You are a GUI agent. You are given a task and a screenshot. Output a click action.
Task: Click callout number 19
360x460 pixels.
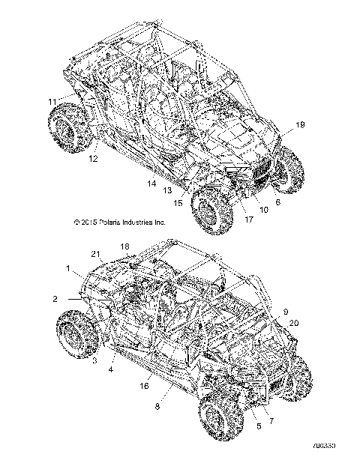299,125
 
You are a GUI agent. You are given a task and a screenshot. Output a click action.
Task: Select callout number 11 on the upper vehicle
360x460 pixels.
52,101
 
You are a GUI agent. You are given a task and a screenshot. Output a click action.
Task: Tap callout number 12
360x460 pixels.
93,159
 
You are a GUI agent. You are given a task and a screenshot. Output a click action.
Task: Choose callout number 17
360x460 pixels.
248,220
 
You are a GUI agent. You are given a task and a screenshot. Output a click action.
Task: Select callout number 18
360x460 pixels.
124,246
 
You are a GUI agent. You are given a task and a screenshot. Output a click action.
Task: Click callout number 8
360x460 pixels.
157,405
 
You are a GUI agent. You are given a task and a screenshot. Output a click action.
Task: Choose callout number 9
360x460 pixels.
286,311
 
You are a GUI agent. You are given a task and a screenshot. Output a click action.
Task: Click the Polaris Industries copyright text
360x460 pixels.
119,223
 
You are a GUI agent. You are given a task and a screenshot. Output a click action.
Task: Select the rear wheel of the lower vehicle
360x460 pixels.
76,336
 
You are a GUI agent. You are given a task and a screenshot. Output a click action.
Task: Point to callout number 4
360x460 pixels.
111,369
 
